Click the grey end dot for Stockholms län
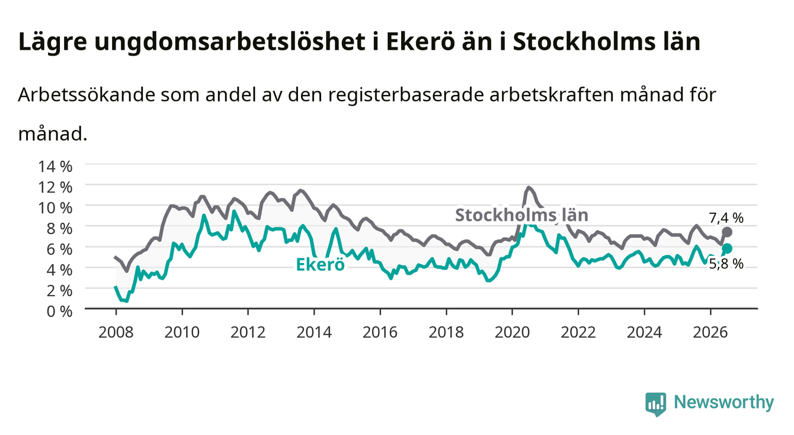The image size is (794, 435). tap(726, 232)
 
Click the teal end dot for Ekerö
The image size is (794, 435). tap(726, 248)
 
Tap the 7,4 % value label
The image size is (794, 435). tap(726, 218)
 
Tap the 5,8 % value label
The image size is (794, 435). tap(726, 264)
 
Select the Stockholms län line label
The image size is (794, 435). tap(521, 215)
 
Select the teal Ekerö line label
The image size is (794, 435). tap(320, 264)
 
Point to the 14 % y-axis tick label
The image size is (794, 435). tap(55, 167)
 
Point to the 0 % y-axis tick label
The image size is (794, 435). tap(59, 311)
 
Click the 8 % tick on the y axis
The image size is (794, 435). tap(59, 229)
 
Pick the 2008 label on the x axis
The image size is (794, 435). tap(116, 332)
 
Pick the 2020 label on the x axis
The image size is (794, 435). tap(512, 332)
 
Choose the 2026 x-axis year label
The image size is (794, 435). tap(710, 332)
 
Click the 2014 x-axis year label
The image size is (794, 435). tap(314, 332)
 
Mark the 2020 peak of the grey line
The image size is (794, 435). tap(528, 187)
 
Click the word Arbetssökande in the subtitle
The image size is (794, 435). tap(87, 95)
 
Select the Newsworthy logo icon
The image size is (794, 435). tap(656, 404)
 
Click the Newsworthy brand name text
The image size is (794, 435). tap(724, 402)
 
